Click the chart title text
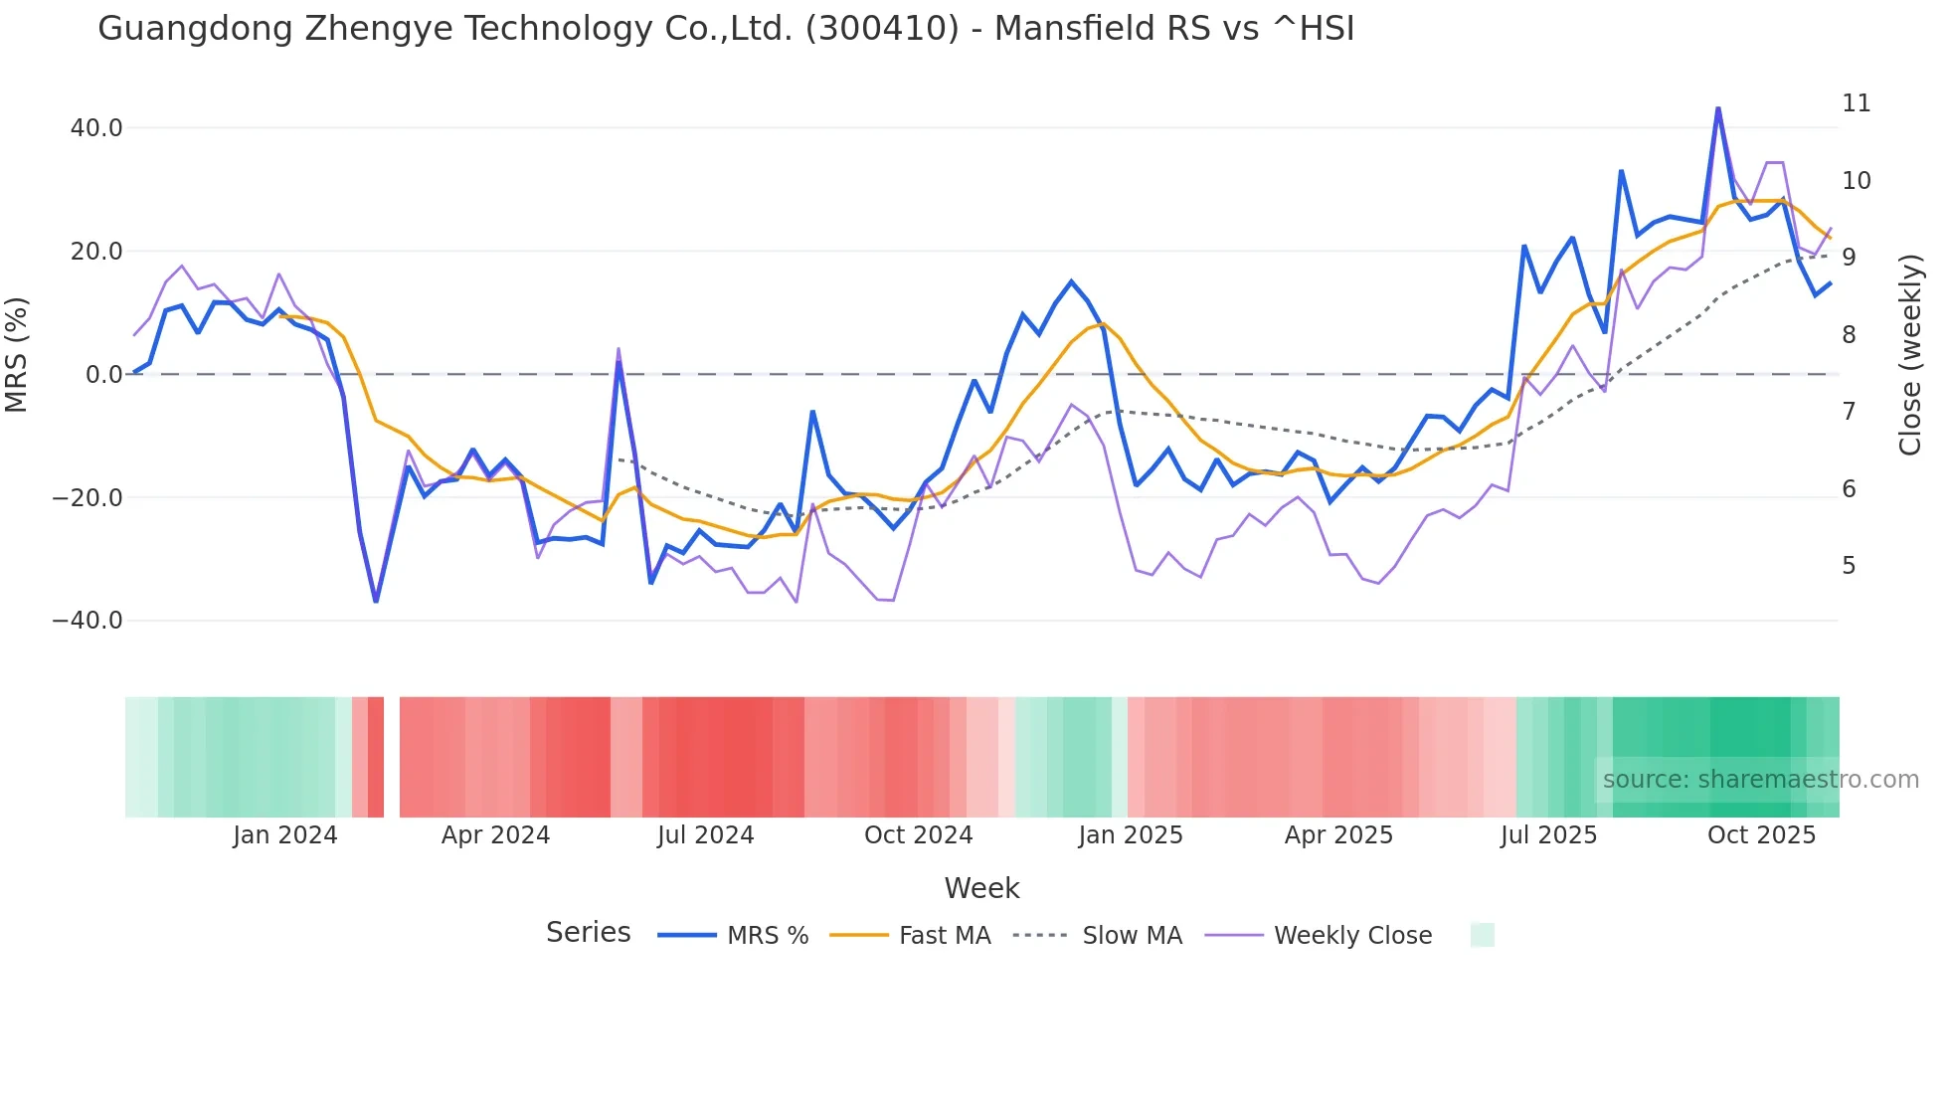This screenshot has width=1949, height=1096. (x=726, y=29)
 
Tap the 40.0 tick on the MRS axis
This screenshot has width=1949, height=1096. (x=96, y=128)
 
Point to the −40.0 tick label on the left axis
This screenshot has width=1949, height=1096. (x=88, y=621)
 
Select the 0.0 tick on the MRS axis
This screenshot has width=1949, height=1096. (x=103, y=375)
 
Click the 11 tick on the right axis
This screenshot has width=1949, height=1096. (x=1856, y=103)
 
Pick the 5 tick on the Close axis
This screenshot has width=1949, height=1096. (x=1849, y=566)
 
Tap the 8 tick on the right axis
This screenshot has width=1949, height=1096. (x=1849, y=335)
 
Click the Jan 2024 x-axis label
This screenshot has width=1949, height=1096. (x=285, y=835)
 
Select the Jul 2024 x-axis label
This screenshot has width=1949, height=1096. (x=706, y=835)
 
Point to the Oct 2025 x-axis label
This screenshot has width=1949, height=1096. (x=1761, y=835)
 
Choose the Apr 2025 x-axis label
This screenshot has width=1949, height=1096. (x=1338, y=835)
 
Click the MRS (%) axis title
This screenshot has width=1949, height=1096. (x=17, y=354)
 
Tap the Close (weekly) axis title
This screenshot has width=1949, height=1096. (x=1909, y=354)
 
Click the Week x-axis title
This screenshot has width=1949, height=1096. (x=981, y=888)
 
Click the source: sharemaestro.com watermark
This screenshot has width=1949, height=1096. (x=1760, y=780)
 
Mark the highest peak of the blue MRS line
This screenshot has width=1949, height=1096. (x=1717, y=108)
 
